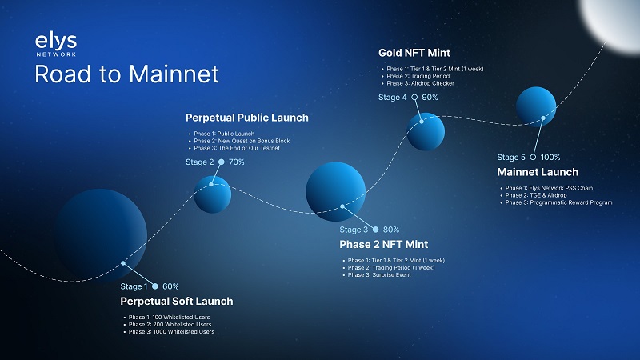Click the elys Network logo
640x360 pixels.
(x=56, y=44)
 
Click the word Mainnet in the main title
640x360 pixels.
(x=174, y=74)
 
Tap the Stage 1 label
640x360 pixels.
(x=134, y=286)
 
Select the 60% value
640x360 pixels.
(x=170, y=286)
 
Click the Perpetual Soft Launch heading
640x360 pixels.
(x=177, y=302)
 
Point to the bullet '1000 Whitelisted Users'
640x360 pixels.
(x=171, y=331)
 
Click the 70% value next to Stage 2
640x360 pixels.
(x=236, y=162)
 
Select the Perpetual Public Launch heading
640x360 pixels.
(x=247, y=118)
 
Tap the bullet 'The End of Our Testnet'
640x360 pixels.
(x=237, y=148)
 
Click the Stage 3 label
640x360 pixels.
(x=354, y=230)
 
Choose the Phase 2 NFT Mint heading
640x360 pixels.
(x=384, y=245)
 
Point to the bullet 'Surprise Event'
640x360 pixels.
(x=379, y=275)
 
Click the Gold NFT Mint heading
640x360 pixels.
(x=414, y=53)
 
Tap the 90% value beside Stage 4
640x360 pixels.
(x=430, y=97)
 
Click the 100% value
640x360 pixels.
(x=550, y=157)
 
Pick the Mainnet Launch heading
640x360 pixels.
(x=538, y=172)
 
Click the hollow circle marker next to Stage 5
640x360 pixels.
(x=533, y=157)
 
